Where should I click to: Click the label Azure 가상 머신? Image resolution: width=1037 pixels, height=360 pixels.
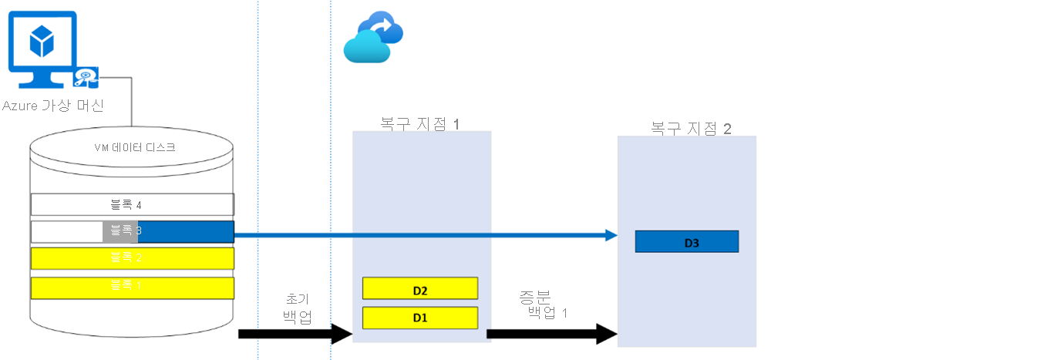point(53,105)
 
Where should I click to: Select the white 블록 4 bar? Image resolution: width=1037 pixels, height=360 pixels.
point(132,204)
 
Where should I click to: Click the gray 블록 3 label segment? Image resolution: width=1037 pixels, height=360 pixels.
point(120,231)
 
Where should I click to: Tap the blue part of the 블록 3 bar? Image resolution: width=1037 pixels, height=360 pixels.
point(185,231)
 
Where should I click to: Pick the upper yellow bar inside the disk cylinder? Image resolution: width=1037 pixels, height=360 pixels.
point(132,257)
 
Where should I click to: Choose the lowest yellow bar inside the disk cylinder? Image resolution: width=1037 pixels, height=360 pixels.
point(132,288)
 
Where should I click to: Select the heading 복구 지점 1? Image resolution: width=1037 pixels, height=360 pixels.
point(419,123)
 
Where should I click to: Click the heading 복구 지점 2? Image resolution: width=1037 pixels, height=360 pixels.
point(690,128)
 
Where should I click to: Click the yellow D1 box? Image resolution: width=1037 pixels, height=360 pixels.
point(420,318)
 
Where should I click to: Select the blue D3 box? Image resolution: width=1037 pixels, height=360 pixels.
point(686,241)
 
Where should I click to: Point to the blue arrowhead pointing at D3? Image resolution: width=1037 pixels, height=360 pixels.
point(611,234)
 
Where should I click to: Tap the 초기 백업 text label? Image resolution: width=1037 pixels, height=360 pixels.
point(297,308)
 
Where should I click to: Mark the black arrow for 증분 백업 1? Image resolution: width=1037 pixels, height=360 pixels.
point(551,334)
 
